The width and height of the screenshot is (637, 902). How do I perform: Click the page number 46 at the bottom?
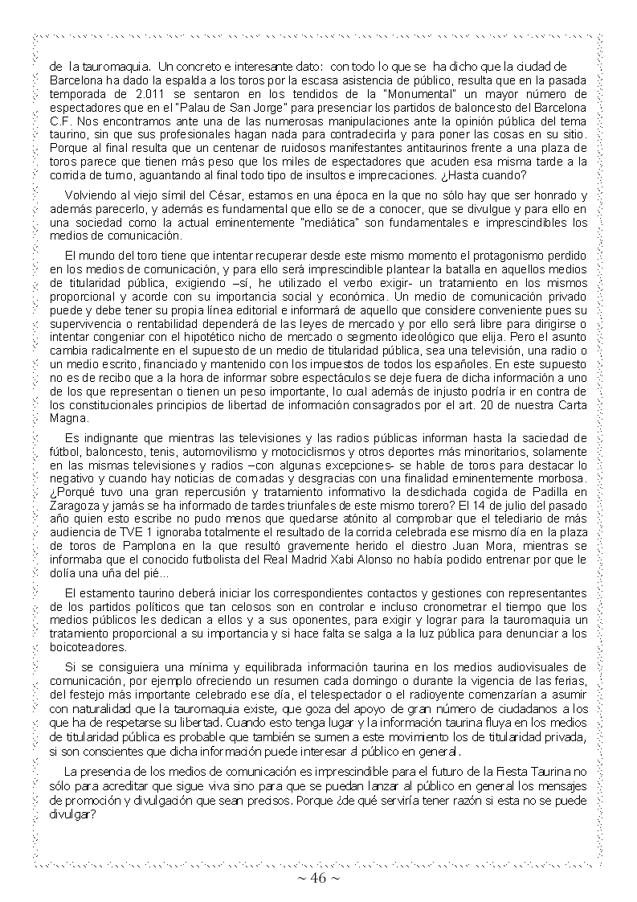(x=318, y=879)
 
